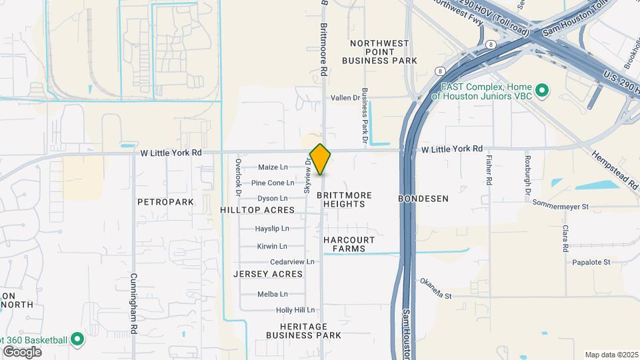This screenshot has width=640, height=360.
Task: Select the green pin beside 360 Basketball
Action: (x=77, y=340)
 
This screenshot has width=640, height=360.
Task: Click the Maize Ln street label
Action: (x=273, y=167)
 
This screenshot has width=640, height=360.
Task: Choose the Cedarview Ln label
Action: (x=287, y=262)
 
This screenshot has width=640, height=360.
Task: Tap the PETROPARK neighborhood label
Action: (x=165, y=201)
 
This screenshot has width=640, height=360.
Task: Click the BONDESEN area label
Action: (x=423, y=199)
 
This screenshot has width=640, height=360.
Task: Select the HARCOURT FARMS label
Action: (x=349, y=244)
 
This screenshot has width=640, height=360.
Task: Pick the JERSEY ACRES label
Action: (x=268, y=274)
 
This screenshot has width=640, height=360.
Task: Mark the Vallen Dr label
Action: (x=345, y=98)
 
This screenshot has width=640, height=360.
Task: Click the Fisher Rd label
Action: (x=489, y=170)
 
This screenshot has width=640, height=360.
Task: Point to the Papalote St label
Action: (x=591, y=262)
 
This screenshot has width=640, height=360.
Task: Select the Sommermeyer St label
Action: (x=561, y=207)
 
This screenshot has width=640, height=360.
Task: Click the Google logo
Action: (x=22, y=351)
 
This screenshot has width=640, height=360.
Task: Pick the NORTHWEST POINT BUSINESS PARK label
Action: (x=380, y=52)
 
